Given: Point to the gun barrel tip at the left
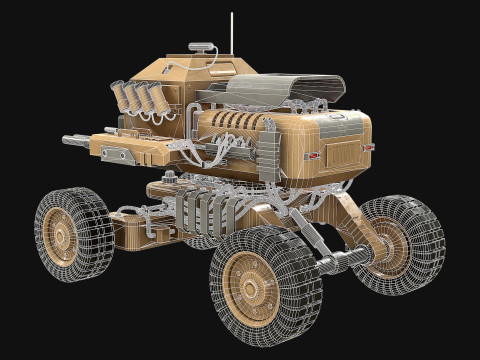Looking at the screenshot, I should pos(67,140).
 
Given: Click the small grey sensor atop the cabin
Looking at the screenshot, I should pos(203,46).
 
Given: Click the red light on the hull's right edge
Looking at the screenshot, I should pos(369,147).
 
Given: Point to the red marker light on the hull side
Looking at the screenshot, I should pos(314,157).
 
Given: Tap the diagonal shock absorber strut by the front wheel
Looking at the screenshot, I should pos(313,239).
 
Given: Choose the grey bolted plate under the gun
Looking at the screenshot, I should pos(118,154).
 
